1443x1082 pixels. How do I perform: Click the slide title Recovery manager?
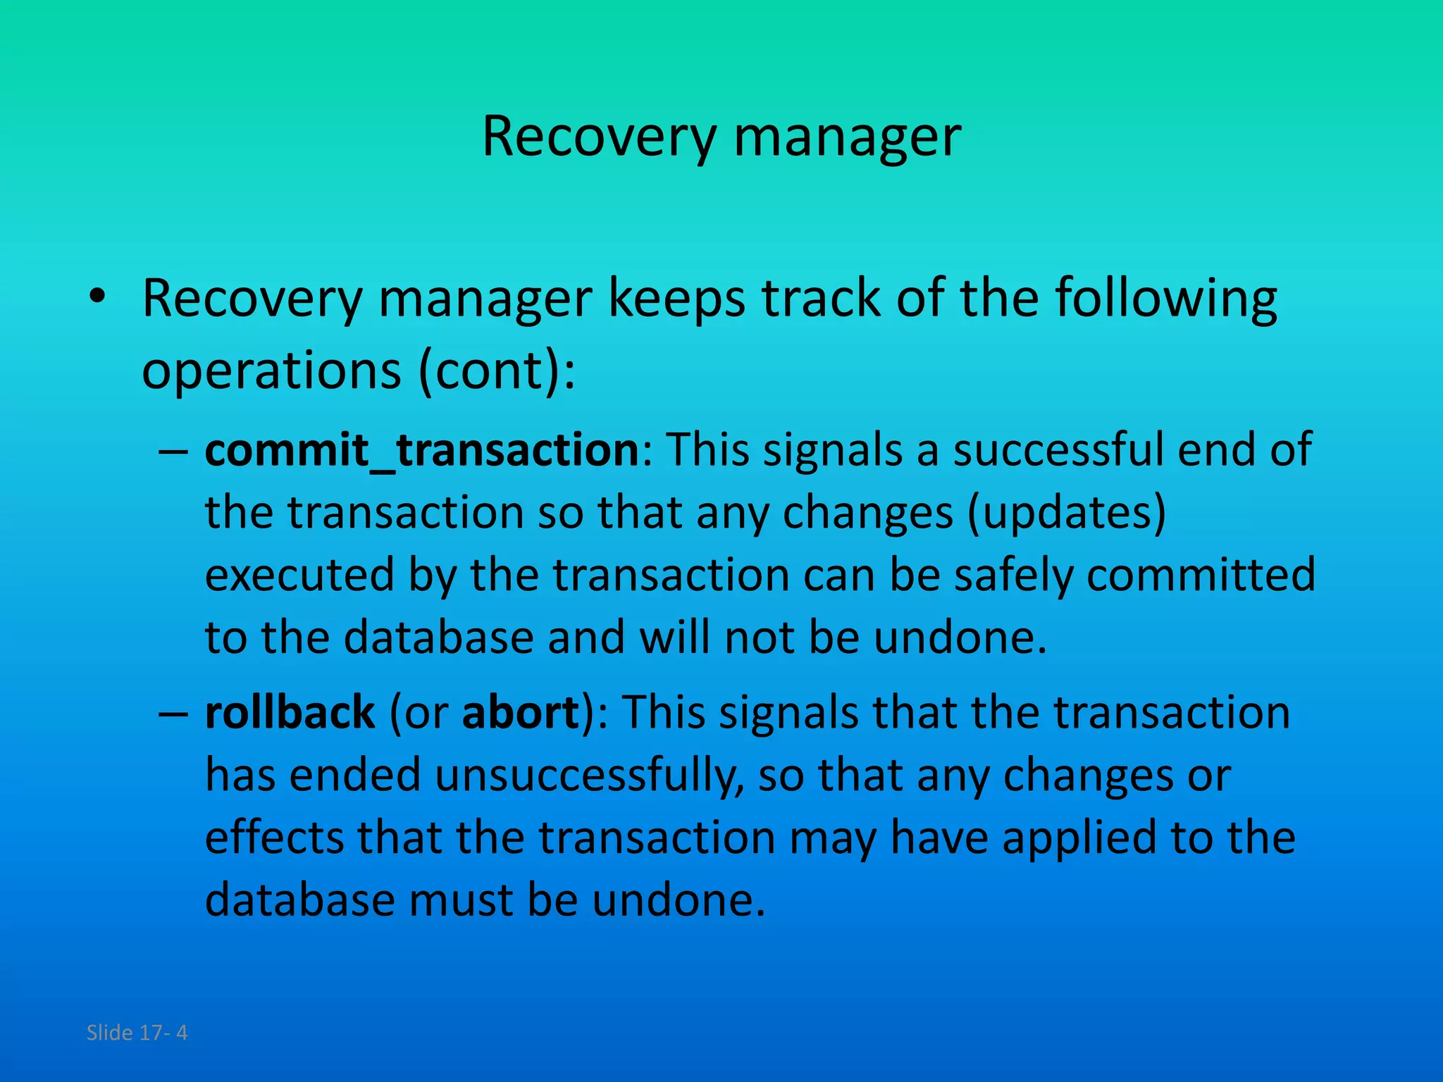pos(721,137)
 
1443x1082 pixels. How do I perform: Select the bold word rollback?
pos(290,712)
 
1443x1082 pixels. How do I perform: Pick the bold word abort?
pos(520,712)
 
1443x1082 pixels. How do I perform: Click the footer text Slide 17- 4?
pos(137,1033)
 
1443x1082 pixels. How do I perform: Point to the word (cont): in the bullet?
pos(497,371)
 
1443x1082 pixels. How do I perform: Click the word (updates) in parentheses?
pos(1066,513)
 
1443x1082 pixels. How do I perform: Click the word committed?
pos(1201,575)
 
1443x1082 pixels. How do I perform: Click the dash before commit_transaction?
pos(173,451)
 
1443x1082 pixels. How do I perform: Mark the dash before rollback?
pos(173,714)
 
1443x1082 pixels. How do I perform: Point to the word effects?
pos(274,838)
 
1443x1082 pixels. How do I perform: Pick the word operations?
pos(272,372)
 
